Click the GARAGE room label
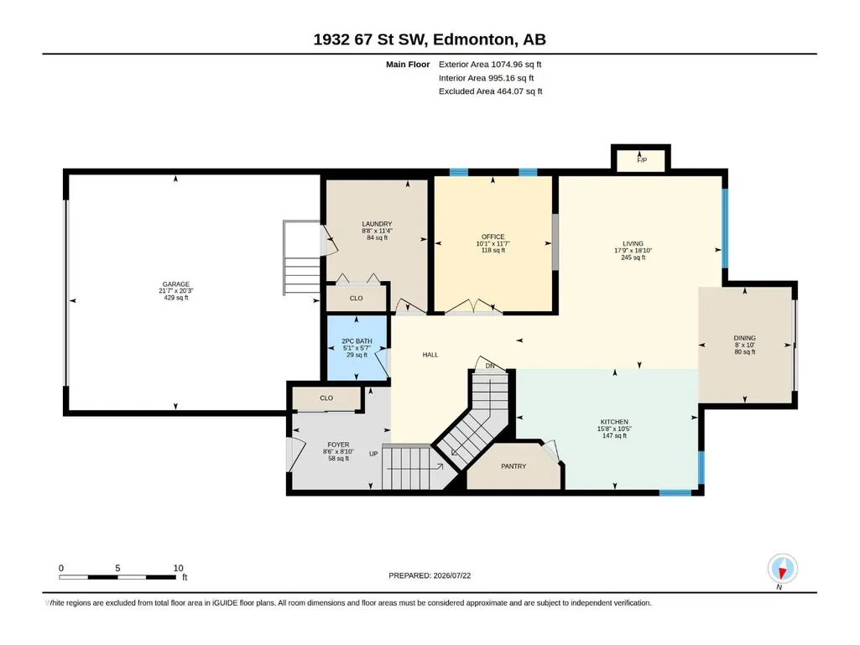[x=176, y=284]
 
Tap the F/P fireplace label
[x=642, y=160]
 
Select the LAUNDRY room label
[x=377, y=224]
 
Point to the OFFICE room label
[x=493, y=237]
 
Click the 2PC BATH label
[x=357, y=341]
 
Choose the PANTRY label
[x=513, y=466]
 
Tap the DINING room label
[x=745, y=338]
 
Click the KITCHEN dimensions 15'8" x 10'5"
[x=614, y=429]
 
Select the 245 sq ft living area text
[x=633, y=257]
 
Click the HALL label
[x=430, y=355]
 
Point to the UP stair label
[x=373, y=454]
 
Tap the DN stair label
[x=490, y=366]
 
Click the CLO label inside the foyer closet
[x=326, y=398]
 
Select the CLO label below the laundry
[x=356, y=299]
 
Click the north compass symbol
[x=783, y=569]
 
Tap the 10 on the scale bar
[x=178, y=568]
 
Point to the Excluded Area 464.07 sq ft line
[x=490, y=91]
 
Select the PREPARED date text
[x=430, y=575]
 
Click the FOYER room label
[x=338, y=445]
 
